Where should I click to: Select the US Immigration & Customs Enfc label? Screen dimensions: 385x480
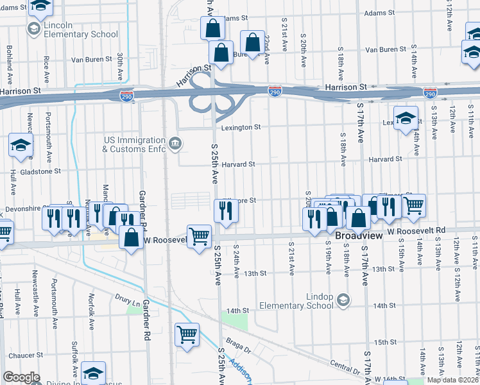[x=133, y=144]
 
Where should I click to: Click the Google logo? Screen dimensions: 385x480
[x=21, y=377]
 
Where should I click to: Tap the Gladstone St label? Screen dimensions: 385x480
[x=39, y=171]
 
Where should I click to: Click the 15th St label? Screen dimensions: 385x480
[x=386, y=342]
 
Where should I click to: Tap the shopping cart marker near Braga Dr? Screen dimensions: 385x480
[x=187, y=334]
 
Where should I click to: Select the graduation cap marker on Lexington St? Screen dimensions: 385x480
[x=406, y=118]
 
